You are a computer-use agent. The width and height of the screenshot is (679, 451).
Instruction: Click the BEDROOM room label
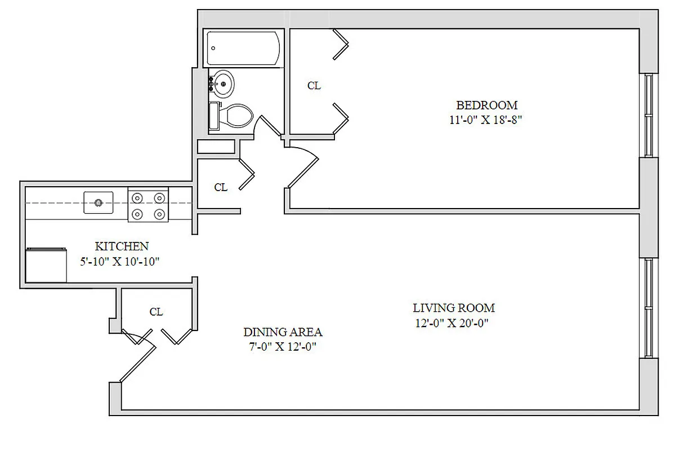(486, 105)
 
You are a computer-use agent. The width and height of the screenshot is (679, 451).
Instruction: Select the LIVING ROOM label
(454, 308)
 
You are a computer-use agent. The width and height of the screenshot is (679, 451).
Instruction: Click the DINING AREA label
(283, 332)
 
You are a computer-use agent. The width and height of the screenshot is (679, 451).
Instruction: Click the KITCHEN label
(122, 246)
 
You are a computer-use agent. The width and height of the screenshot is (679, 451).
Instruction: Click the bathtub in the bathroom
(243, 48)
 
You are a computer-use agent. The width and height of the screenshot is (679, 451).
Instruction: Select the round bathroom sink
(222, 85)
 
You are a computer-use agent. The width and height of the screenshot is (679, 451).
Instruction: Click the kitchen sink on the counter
(99, 202)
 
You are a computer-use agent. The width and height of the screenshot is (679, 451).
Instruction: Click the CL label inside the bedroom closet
(314, 86)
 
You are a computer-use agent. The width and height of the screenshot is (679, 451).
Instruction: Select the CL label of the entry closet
(156, 312)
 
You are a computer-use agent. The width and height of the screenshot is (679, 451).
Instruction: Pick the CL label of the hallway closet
(221, 188)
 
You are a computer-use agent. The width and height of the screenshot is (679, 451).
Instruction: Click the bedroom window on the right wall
(648, 116)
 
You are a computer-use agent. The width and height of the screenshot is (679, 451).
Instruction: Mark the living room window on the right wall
(648, 308)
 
